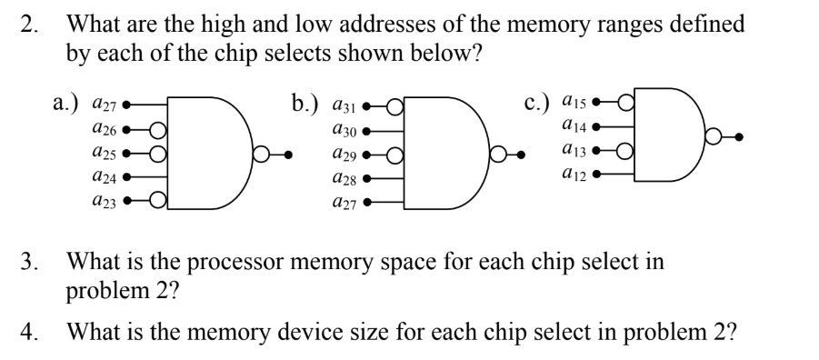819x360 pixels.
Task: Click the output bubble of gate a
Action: tap(261, 154)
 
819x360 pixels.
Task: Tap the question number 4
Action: tap(27, 331)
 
